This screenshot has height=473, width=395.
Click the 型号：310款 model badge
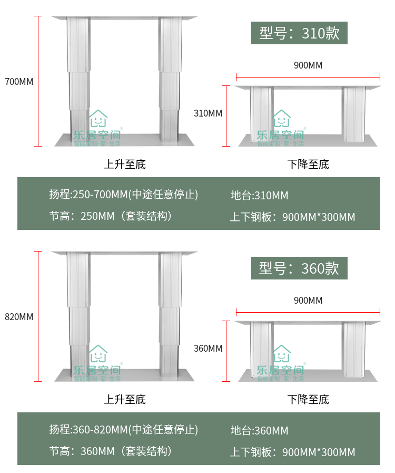tap(299, 33)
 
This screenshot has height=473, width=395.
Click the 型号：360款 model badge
tap(299, 268)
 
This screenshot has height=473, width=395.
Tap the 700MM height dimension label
tap(19, 82)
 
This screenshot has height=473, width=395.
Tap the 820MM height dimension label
tap(19, 317)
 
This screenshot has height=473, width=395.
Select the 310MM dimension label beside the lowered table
tap(208, 113)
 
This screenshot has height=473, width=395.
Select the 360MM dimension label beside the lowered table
tap(208, 349)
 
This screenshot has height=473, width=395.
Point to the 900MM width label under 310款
tap(308, 65)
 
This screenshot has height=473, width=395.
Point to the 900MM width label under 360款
tap(308, 301)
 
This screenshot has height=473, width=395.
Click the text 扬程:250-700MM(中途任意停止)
tap(124, 195)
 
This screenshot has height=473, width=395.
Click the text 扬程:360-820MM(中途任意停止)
tap(124, 430)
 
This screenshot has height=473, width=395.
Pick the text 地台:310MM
tap(260, 196)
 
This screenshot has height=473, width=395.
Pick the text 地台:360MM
tap(260, 431)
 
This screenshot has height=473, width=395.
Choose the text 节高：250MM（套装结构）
tap(111, 216)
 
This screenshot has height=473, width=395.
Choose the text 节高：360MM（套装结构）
tap(111, 451)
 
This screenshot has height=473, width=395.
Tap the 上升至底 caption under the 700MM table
tap(125, 165)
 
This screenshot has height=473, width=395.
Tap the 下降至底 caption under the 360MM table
tap(308, 400)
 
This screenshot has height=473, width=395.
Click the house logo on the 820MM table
tap(97, 354)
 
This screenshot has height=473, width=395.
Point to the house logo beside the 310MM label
tap(281, 119)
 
